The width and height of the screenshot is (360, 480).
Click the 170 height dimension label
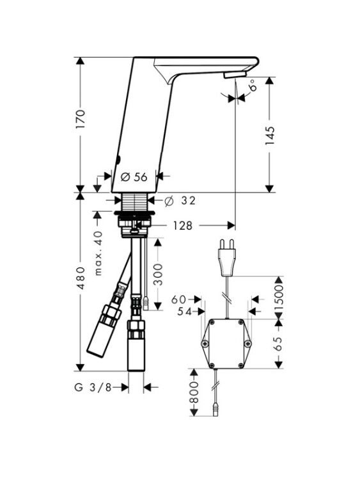[x=80, y=118]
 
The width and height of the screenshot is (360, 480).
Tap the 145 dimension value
[x=269, y=136]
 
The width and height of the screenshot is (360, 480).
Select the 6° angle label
[x=253, y=85]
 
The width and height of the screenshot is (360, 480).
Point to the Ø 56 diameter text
[x=134, y=177]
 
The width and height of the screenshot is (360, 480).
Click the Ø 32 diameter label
[x=180, y=201]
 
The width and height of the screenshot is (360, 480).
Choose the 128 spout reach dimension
[x=183, y=226]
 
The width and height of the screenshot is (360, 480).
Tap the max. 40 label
[x=98, y=254]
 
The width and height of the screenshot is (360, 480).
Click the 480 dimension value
[x=81, y=278]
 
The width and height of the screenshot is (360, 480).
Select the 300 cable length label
[x=158, y=275]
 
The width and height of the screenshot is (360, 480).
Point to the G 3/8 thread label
[x=93, y=387]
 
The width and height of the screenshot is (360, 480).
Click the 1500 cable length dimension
[x=279, y=298]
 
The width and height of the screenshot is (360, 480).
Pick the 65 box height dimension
[x=279, y=344]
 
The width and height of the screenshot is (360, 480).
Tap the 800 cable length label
[x=194, y=392]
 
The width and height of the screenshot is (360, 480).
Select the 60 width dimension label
[x=178, y=300]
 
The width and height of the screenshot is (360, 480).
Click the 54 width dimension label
[x=184, y=312]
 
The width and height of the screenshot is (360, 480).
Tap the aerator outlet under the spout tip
[x=235, y=76]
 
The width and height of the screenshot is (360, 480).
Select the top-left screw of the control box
[x=212, y=322]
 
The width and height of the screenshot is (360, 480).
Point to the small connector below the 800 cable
[x=215, y=410]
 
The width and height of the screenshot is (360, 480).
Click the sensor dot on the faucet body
[x=119, y=159]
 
